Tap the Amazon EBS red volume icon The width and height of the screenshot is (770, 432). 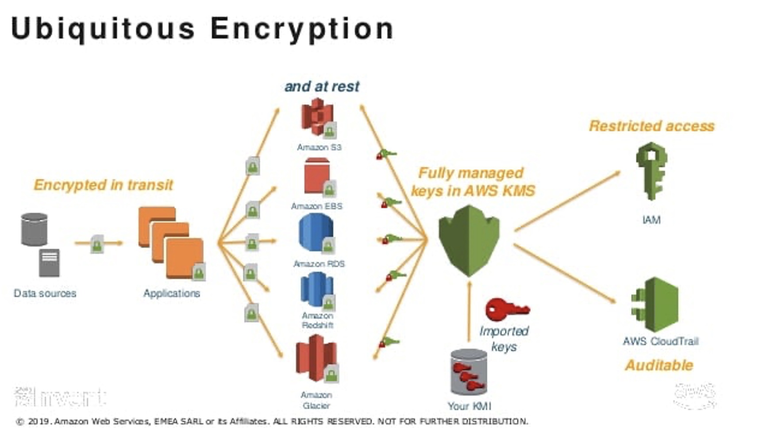tap(317, 176)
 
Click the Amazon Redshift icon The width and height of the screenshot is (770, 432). tap(316, 289)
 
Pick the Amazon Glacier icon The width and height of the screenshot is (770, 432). tap(316, 358)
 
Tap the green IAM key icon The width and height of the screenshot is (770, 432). tap(651, 170)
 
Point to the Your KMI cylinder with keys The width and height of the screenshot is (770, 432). tap(469, 372)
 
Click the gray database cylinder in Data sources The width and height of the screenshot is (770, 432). tap(34, 229)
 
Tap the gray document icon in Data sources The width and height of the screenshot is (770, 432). tap(49, 262)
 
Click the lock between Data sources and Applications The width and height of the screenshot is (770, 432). tap(97, 244)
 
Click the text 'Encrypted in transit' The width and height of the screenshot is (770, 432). tap(103, 185)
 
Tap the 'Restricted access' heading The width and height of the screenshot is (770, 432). tap(651, 126)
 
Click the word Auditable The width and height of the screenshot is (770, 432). tap(658, 365)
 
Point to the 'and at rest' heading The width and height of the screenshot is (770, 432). tap(322, 86)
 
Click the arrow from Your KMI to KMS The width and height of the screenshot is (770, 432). tap(469, 312)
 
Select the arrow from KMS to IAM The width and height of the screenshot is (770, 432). tap(567, 201)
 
